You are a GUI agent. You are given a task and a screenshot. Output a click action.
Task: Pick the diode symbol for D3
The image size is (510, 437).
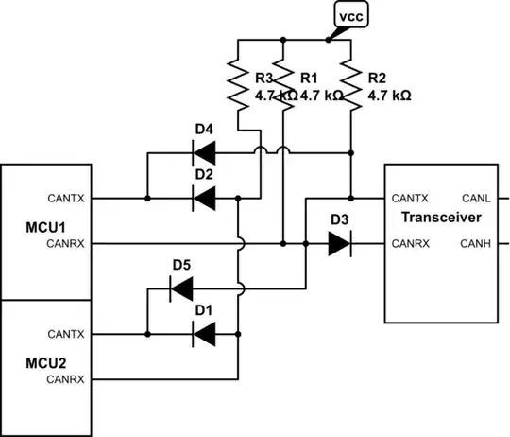[340, 245]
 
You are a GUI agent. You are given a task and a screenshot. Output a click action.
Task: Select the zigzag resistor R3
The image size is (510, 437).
[237, 85]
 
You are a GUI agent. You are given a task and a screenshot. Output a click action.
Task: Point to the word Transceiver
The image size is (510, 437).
[441, 218]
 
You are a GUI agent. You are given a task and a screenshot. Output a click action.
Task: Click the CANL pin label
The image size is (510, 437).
[474, 199]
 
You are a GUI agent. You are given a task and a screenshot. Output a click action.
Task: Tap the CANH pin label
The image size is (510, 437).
[474, 245]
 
